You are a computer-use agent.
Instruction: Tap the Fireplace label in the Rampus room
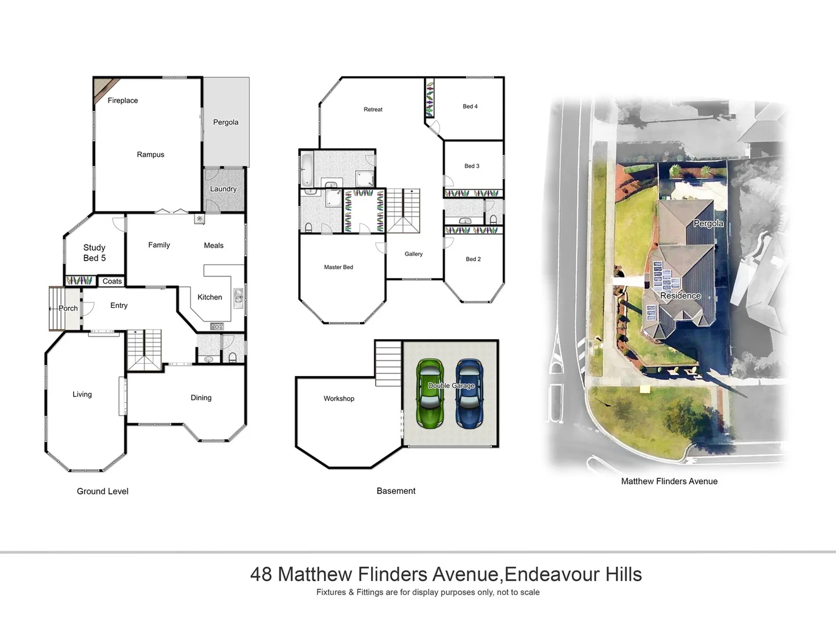[122, 100]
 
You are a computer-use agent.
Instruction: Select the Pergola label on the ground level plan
[226, 122]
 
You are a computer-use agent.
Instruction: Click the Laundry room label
[223, 189]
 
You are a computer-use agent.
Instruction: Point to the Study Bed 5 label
[94, 253]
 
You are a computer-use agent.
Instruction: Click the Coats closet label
[112, 282]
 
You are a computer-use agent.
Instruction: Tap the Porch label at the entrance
[68, 308]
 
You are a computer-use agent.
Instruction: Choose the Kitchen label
[210, 297]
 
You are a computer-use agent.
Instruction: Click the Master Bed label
[338, 267]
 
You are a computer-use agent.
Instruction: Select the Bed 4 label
[470, 106]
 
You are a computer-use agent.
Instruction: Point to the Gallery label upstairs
[413, 254]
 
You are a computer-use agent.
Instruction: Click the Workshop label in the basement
[338, 399]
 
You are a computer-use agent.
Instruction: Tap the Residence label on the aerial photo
[680, 296]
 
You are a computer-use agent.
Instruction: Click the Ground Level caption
[103, 491]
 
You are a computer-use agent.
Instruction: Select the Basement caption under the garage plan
[396, 491]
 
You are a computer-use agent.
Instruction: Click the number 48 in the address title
[261, 574]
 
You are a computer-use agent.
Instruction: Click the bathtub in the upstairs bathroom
[307, 168]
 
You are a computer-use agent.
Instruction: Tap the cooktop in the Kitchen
[217, 326]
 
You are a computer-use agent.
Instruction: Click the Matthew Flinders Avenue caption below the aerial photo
[669, 481]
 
